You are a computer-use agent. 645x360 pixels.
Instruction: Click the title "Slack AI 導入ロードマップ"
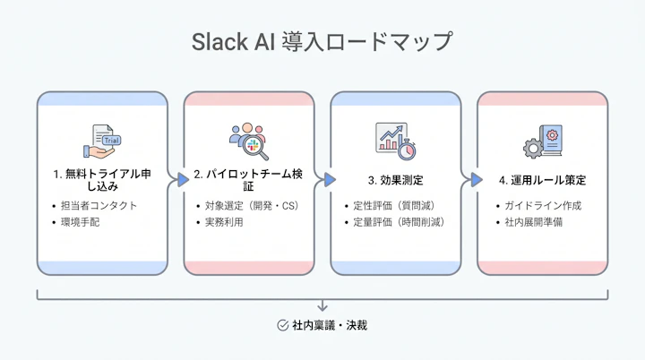tap(322, 42)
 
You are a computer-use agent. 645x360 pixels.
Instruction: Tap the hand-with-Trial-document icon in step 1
tap(101, 140)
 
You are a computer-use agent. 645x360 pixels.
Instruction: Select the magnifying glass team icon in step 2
tap(248, 140)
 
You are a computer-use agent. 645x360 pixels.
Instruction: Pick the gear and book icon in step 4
tap(541, 141)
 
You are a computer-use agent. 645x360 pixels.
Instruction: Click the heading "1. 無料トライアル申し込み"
tap(101, 180)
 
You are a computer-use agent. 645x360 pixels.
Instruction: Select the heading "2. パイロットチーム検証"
tap(248, 180)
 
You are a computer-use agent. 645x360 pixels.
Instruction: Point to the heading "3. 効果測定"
tap(395, 179)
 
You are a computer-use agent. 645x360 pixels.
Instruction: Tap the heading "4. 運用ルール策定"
tap(542, 179)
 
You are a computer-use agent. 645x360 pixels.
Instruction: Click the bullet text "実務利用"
tap(224, 221)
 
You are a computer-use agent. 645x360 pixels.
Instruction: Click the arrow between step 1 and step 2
tap(176, 180)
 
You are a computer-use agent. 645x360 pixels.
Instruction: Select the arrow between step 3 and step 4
tap(469, 180)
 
